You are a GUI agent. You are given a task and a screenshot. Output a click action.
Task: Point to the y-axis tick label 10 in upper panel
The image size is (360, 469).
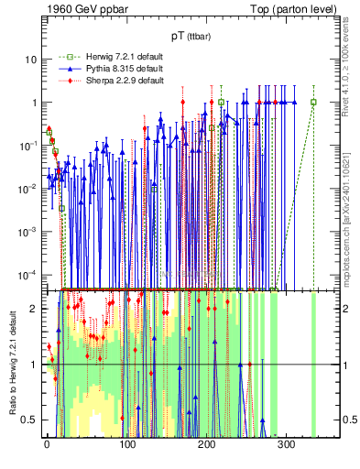[31, 60]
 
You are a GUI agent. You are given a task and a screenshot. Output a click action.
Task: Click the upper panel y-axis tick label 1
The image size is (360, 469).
[34, 103]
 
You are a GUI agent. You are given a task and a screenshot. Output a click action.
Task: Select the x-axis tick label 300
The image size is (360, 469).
[286, 444]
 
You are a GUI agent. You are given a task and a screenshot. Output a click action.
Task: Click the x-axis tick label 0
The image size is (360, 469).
[47, 444]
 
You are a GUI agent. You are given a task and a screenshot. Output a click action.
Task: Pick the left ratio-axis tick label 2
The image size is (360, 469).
[34, 308]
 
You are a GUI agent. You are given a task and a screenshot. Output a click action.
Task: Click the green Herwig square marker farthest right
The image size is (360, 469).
[313, 102]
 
